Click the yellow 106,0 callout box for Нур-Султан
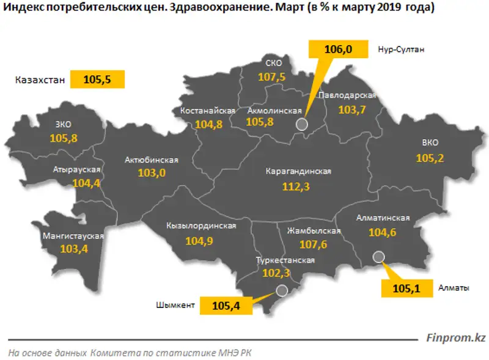coord(339,50)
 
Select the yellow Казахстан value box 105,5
coord(98,79)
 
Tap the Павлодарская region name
coord(347,96)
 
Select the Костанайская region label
coord(208,111)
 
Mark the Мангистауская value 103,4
coord(74,249)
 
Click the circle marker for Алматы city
coord(378,257)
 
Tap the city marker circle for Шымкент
coord(282,291)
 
